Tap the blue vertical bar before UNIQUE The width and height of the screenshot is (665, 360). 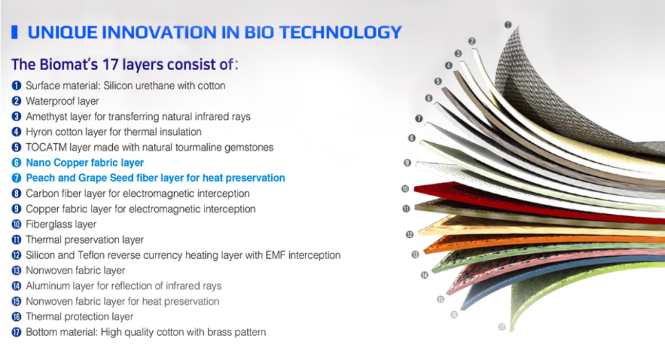coord(14,32)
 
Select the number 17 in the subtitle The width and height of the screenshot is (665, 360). coord(110,65)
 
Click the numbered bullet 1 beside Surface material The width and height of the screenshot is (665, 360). coord(16,85)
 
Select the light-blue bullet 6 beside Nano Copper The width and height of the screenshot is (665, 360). coord(16,163)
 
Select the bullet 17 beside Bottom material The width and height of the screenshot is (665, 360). coord(16,332)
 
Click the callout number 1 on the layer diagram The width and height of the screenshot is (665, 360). coord(507,25)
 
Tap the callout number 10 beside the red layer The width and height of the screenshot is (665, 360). coord(405,189)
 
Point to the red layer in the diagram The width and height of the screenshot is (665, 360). coord(530,200)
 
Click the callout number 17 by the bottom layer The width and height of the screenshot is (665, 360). coord(502,327)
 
